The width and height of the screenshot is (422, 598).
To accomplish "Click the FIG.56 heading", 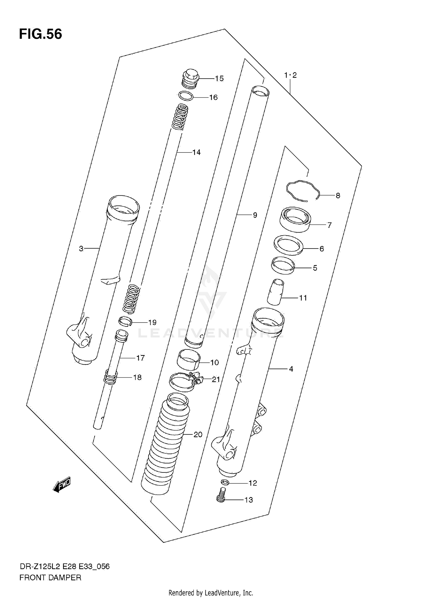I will click(41, 34).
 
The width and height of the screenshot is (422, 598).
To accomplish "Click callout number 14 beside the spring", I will click(196, 152).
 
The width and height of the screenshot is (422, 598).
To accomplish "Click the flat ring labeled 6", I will click(288, 245).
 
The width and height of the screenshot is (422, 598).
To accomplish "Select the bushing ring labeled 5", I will click(283, 265).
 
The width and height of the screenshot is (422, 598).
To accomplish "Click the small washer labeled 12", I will click(225, 483).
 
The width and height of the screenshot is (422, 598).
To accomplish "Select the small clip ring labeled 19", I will click(125, 321).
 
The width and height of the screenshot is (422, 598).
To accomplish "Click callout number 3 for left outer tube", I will click(81, 248).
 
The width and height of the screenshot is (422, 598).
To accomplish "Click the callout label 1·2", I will click(290, 75).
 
